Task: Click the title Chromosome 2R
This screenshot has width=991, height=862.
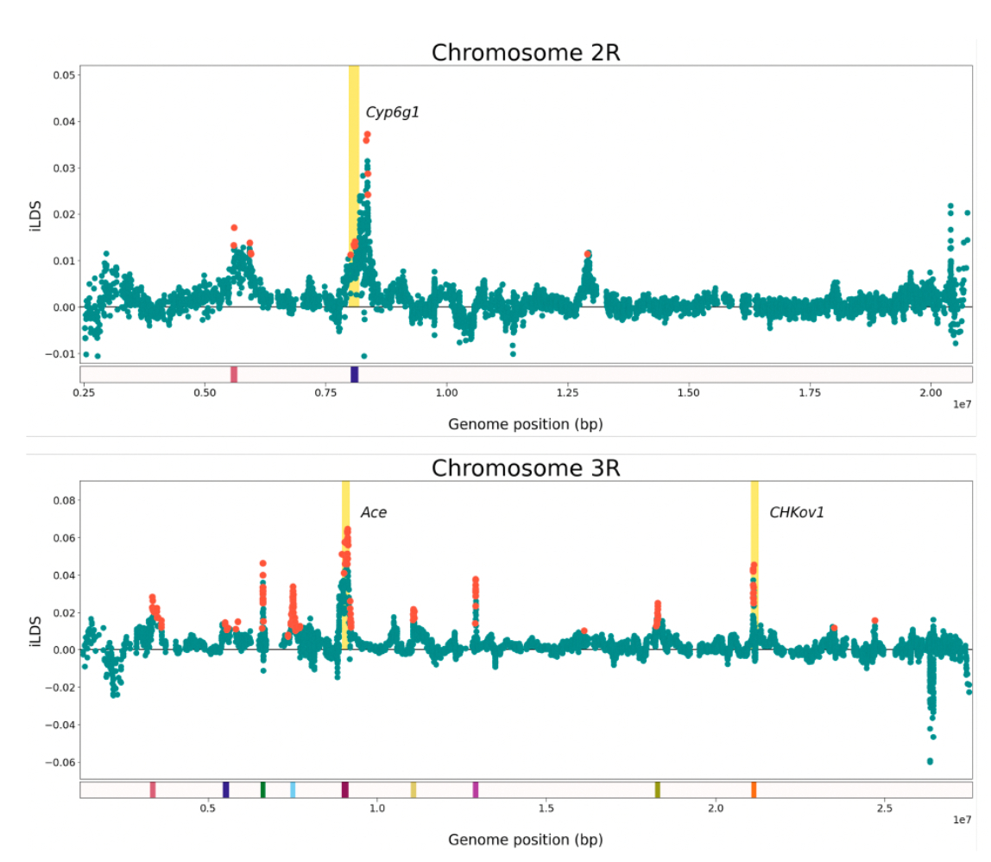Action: (526, 53)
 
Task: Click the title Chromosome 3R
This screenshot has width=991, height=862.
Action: (526, 468)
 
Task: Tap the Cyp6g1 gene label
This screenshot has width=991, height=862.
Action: (392, 112)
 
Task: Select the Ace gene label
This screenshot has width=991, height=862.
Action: (373, 512)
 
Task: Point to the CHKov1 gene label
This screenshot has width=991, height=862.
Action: (796, 512)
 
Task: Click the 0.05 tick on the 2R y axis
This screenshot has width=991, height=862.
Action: (60, 75)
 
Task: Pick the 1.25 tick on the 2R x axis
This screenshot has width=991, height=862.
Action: (567, 391)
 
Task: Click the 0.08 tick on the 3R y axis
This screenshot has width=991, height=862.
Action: (62, 500)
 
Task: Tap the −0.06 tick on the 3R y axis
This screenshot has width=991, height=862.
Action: (59, 762)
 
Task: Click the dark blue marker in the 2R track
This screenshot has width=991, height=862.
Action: (354, 374)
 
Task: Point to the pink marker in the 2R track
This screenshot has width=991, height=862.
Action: (233, 374)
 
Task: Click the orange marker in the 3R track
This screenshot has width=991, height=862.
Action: (754, 789)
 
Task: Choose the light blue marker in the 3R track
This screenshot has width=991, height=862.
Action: (293, 789)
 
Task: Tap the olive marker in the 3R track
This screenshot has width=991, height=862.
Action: (657, 789)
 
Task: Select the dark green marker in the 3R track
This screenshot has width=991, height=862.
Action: (262, 789)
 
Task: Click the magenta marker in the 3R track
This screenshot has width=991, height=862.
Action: (475, 789)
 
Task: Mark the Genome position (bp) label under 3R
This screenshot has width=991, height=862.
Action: (525, 840)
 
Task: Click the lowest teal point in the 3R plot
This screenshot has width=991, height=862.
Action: (930, 761)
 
